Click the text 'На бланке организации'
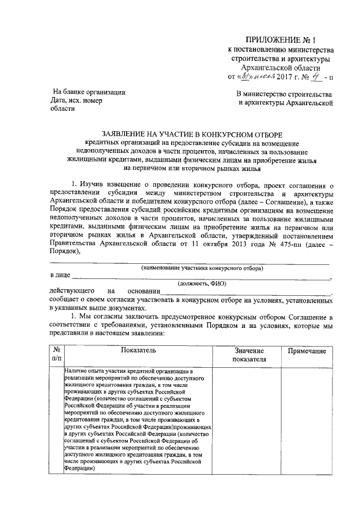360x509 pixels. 88,92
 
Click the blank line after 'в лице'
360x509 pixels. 202,277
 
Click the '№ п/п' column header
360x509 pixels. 57,355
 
